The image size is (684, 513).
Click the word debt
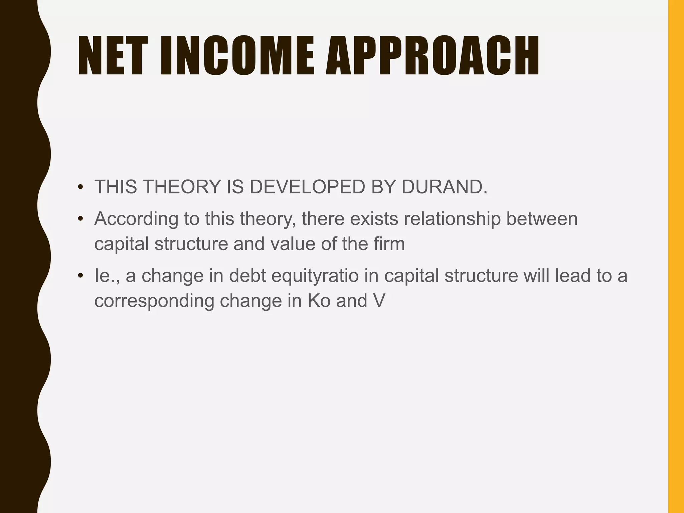tap(247, 276)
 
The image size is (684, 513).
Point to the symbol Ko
tap(319, 301)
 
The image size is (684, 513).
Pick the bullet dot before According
tap(80, 219)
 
